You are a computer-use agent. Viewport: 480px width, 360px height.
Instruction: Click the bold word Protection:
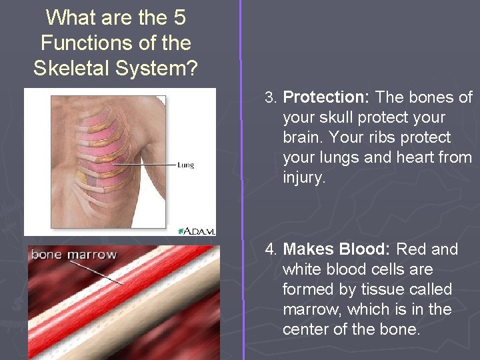click(327, 97)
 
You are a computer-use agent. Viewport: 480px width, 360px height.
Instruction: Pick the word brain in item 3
click(300, 137)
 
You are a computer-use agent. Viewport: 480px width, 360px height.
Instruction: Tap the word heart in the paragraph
click(424, 157)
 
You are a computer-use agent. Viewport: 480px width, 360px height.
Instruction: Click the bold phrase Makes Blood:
click(337, 249)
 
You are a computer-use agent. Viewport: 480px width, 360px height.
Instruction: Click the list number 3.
click(270, 97)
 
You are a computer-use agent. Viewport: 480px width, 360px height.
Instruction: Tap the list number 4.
click(270, 249)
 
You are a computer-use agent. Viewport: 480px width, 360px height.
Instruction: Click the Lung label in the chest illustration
click(185, 164)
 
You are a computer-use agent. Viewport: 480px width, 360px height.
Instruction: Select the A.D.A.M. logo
click(196, 230)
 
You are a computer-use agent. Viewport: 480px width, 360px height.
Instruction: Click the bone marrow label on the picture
click(73, 254)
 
